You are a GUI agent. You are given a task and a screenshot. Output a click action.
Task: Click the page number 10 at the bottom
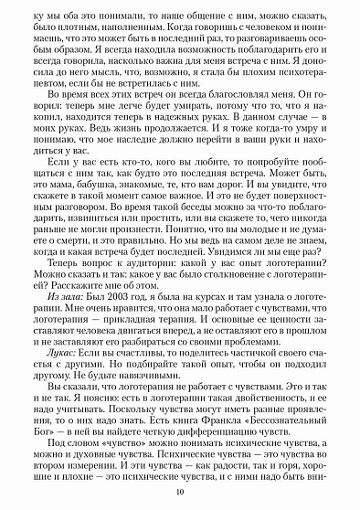pos(180,494)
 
